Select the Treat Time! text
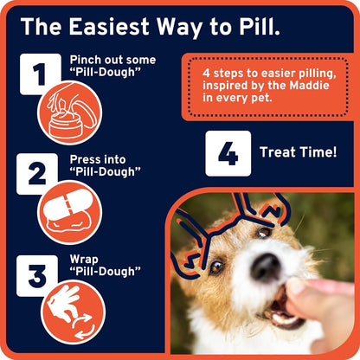(x=298, y=152)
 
